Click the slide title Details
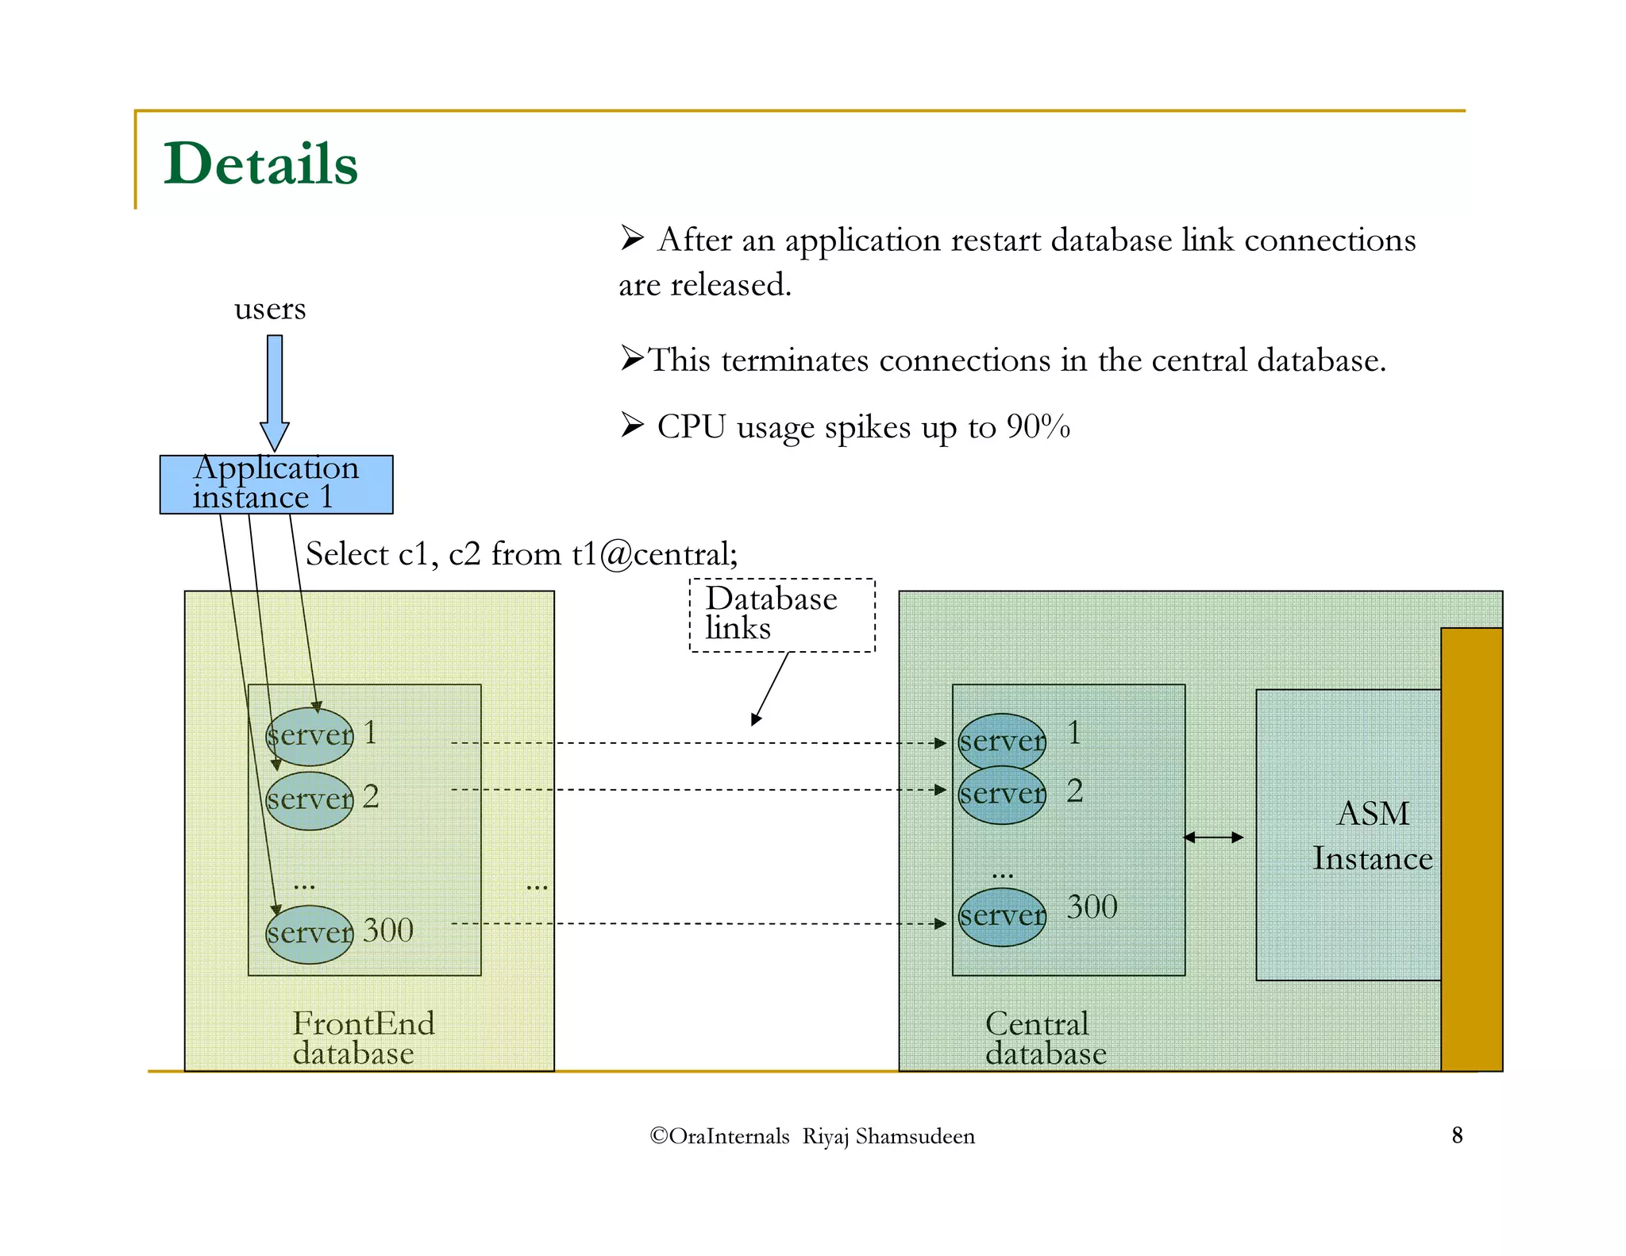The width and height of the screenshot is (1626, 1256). coord(260,164)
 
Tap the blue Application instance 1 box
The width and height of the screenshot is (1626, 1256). coord(275,484)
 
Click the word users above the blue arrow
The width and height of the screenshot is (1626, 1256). coord(269,309)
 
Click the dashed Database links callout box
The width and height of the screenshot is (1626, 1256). coord(781,615)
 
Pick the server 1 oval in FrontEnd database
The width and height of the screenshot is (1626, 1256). coord(309,735)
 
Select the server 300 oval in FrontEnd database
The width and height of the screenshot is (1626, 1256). coord(309,933)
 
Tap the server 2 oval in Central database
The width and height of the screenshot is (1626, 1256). coord(1002,794)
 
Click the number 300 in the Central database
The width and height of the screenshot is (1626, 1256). coord(1091,907)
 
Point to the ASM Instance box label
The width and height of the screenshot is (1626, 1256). coord(1372,835)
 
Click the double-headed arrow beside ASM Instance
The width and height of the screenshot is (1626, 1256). coord(1213,837)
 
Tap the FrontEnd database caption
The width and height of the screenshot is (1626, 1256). coord(363,1038)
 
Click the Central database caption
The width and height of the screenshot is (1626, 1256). coord(1044,1038)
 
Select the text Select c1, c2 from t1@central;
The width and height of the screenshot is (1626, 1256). coord(522,553)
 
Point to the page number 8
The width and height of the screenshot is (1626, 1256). coord(1457,1135)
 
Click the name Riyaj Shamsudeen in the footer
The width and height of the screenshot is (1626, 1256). coord(888,1136)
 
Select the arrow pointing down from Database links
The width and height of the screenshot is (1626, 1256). coord(770,688)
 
